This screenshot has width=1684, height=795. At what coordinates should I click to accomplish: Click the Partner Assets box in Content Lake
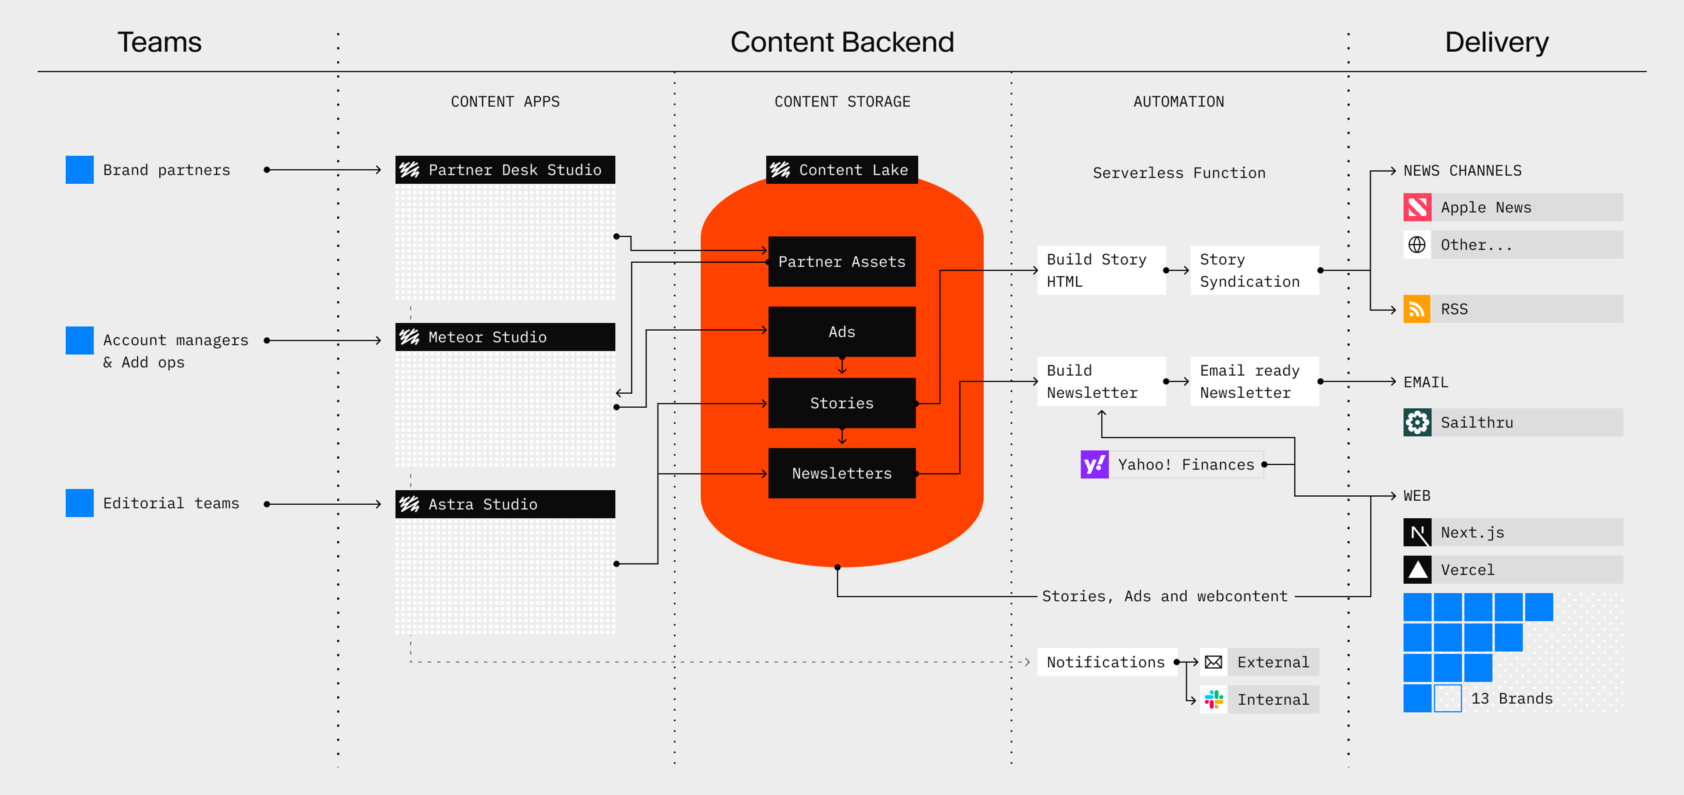(x=842, y=261)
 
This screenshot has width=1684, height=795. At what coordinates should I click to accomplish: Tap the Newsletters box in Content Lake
(x=842, y=473)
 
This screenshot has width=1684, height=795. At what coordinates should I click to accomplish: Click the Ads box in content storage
(x=842, y=332)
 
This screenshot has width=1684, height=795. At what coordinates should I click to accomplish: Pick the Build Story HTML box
(x=1101, y=270)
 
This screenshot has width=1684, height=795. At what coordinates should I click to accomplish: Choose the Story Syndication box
(x=1254, y=270)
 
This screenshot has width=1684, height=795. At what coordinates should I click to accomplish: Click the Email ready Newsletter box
(x=1254, y=381)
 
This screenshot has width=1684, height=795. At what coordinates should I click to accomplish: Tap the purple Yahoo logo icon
(x=1094, y=464)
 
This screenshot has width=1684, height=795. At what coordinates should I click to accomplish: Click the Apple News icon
(x=1416, y=207)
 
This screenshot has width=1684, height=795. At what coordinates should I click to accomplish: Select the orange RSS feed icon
(x=1416, y=309)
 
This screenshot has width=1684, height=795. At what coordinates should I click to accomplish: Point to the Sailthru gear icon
(x=1416, y=422)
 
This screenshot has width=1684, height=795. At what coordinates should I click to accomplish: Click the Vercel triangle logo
(x=1416, y=570)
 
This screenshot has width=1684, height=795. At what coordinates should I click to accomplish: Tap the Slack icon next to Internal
(x=1213, y=699)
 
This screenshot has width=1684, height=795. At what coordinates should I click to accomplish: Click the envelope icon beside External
(x=1213, y=662)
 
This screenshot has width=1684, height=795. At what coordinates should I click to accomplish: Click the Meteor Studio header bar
(x=505, y=337)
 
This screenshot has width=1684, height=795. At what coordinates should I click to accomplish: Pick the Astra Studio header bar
(x=505, y=504)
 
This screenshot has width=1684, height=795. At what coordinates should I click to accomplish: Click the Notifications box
(x=1106, y=662)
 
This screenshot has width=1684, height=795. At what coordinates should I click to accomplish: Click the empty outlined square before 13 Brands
(x=1447, y=698)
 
